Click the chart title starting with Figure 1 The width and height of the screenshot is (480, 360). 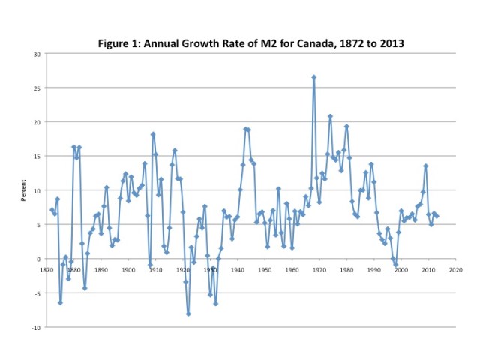tap(251, 43)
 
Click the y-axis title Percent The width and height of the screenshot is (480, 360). tap(23, 190)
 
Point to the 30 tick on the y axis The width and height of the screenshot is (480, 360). tap(37, 54)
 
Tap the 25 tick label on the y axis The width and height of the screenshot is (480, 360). tap(37, 88)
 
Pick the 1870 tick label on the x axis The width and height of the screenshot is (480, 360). tap(46, 268)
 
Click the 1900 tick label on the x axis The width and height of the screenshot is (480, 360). tap(128, 268)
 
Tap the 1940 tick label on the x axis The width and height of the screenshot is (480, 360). tap(237, 268)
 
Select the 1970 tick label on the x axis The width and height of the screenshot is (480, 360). tap(319, 268)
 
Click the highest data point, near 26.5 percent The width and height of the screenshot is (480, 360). tap(313, 77)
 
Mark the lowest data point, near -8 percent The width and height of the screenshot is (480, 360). tap(188, 313)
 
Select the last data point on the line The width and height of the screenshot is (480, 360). tap(436, 216)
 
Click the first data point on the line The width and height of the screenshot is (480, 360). tap(52, 210)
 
